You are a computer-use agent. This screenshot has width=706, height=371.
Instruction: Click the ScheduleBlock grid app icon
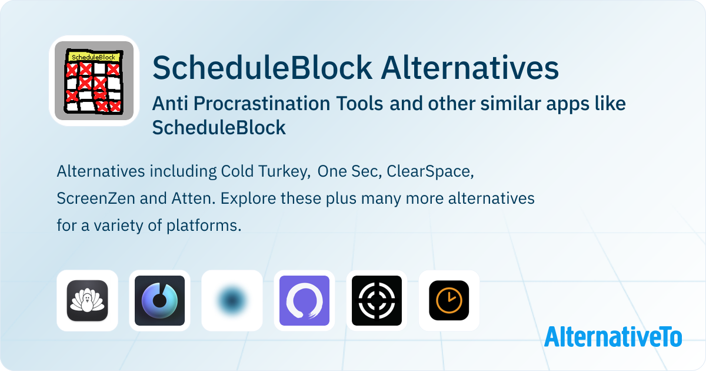coord(94,81)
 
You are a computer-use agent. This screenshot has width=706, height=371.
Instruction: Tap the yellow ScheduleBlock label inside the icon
coord(94,57)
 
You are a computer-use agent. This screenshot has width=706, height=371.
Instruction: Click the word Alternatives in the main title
coord(469,68)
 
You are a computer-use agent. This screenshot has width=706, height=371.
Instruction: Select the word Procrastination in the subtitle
coord(262,104)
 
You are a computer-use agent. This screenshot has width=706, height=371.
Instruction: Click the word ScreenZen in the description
coord(96,198)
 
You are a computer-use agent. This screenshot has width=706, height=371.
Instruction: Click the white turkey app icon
coord(87,301)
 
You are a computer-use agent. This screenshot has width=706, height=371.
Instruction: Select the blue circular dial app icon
coord(160,301)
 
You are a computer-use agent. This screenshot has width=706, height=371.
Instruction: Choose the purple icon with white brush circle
coord(305,301)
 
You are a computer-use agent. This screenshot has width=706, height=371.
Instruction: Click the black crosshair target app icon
coord(377,301)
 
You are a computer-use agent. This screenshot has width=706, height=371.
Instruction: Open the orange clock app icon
coord(449,301)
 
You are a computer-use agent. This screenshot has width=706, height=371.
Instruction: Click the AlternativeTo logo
coord(613,337)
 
